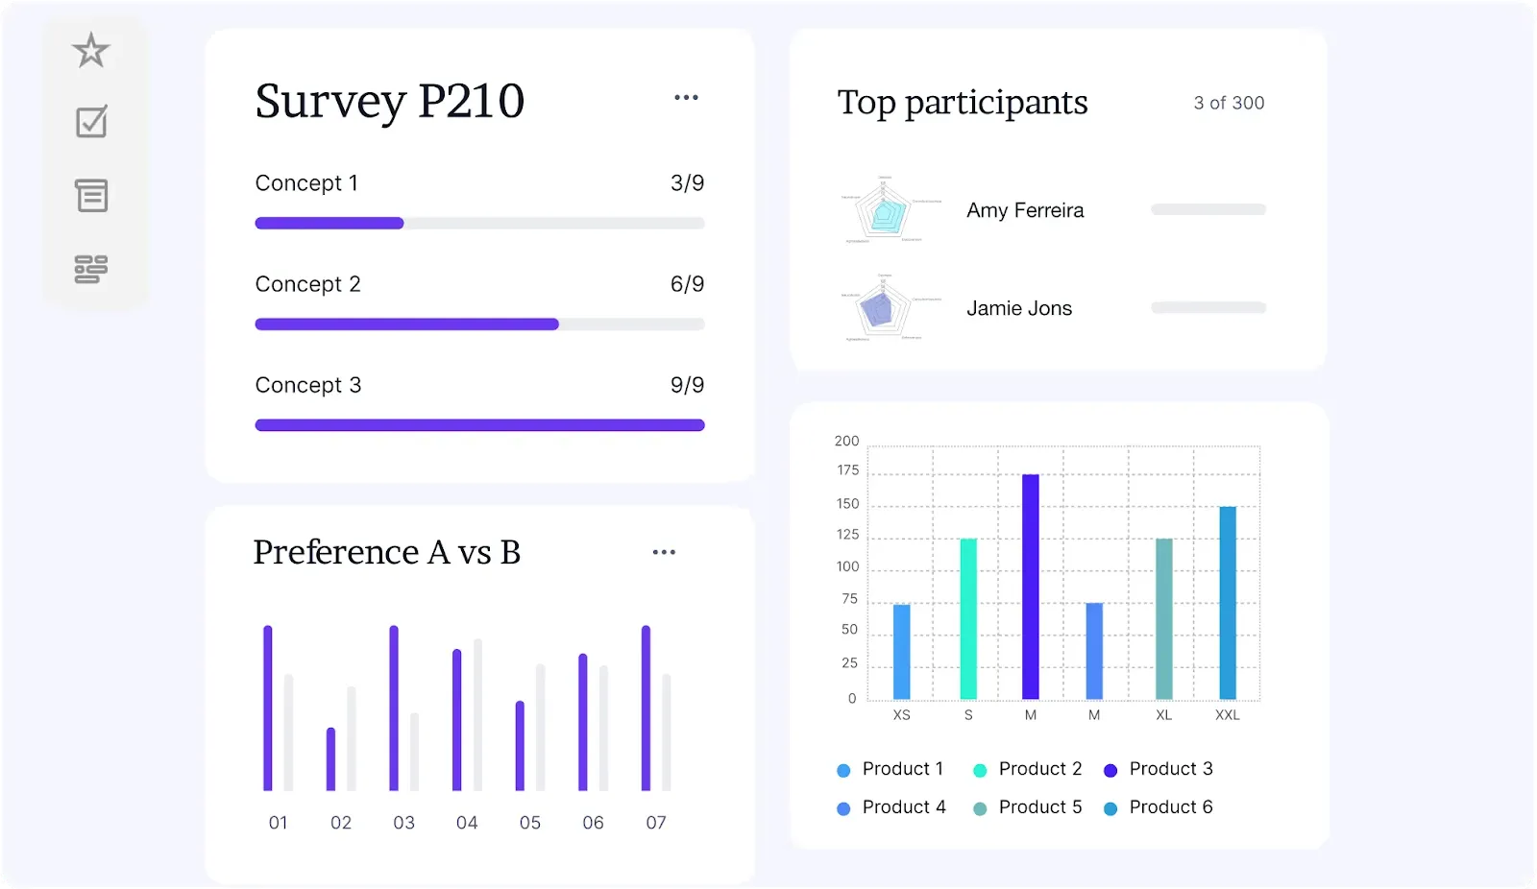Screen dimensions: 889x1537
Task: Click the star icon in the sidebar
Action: pyautogui.click(x=91, y=50)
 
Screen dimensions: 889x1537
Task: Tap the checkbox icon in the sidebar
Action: pyautogui.click(x=91, y=122)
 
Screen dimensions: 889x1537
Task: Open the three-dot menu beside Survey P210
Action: pyautogui.click(x=686, y=98)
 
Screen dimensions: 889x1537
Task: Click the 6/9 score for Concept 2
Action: pyautogui.click(x=687, y=284)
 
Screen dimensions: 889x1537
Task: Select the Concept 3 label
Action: pyautogui.click(x=308, y=385)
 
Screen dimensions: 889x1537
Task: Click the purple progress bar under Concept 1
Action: pyautogui.click(x=329, y=224)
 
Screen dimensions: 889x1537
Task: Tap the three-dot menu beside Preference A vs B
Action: pyautogui.click(x=664, y=552)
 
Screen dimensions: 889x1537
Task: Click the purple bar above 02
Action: pyautogui.click(x=331, y=758)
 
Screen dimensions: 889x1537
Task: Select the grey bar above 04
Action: pyautogui.click(x=477, y=715)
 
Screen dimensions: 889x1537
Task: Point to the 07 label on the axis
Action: pyautogui.click(x=656, y=823)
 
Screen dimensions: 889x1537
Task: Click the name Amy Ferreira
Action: pyautogui.click(x=1025, y=210)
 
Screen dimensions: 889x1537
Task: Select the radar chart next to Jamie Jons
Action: pyautogui.click(x=879, y=309)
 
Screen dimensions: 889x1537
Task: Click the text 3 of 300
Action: pyautogui.click(x=1229, y=103)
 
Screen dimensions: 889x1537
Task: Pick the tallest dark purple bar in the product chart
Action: pyautogui.click(x=1031, y=586)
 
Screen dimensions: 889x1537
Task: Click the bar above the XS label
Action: pyautogui.click(x=901, y=651)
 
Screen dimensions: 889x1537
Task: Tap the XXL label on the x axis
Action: pyautogui.click(x=1227, y=715)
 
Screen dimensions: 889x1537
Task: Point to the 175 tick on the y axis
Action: pyautogui.click(x=847, y=470)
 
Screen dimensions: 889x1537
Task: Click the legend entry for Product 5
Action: pyautogui.click(x=1039, y=807)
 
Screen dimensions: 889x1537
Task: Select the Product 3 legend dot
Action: pyautogui.click(x=1110, y=770)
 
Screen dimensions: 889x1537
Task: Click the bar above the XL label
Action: pyautogui.click(x=1163, y=618)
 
